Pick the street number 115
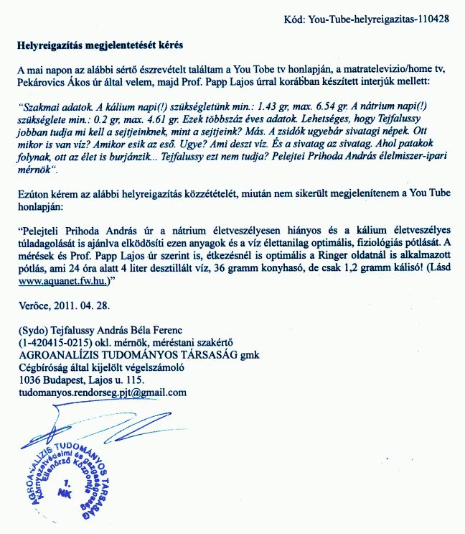pos(134,379)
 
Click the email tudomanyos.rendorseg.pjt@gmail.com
pos(103,392)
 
